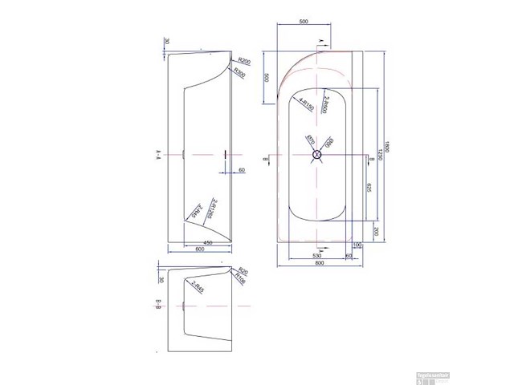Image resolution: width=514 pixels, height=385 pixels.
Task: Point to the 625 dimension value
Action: (368, 188)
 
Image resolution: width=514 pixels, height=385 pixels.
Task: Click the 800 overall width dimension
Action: (320, 262)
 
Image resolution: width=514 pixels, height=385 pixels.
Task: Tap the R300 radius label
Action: (239, 72)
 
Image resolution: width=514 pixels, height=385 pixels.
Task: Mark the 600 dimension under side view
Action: (200, 250)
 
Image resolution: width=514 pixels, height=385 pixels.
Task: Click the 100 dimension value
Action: (357, 245)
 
